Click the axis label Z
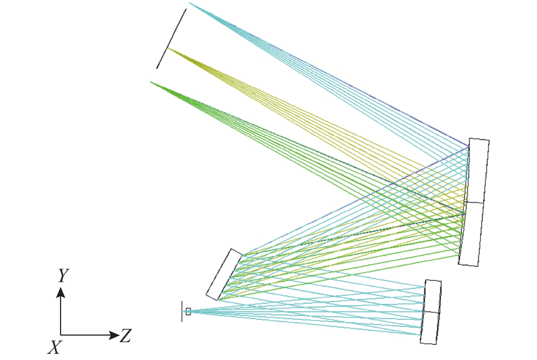tap(126, 335)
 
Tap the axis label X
tap(55, 347)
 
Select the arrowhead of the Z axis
tap(114, 335)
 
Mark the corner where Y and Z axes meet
tap(61, 335)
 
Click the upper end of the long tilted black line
tap(186, 9)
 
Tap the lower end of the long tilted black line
tap(157, 68)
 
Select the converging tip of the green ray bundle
tap(151, 82)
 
